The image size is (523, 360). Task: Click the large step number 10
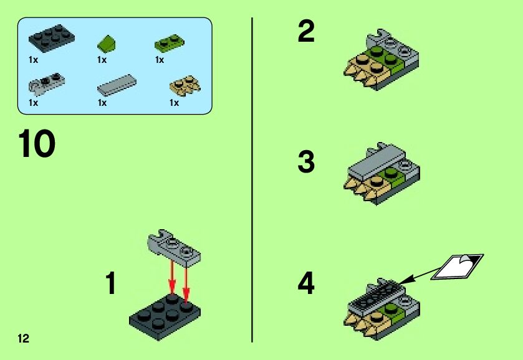pos(37,143)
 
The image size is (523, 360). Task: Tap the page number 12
pos(23,338)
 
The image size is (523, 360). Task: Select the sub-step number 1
pos(111,283)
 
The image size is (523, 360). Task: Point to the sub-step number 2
pos(306,31)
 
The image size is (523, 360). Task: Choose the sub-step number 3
pos(306,161)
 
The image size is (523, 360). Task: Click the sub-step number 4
pos(306,283)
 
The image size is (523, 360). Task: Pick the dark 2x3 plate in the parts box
pos(51,38)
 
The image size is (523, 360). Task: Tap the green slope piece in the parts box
pos(107,44)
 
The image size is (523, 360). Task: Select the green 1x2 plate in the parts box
pos(169,43)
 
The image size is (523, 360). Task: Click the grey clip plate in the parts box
pos(47,82)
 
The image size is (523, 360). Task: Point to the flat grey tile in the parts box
pos(117,85)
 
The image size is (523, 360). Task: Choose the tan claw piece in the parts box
pos(185,85)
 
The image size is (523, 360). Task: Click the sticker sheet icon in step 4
pos(457,267)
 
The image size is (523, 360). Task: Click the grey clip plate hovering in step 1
pos(174,248)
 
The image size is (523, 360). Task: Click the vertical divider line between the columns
pos(252,180)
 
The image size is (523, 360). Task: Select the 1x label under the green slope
pos(102,60)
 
